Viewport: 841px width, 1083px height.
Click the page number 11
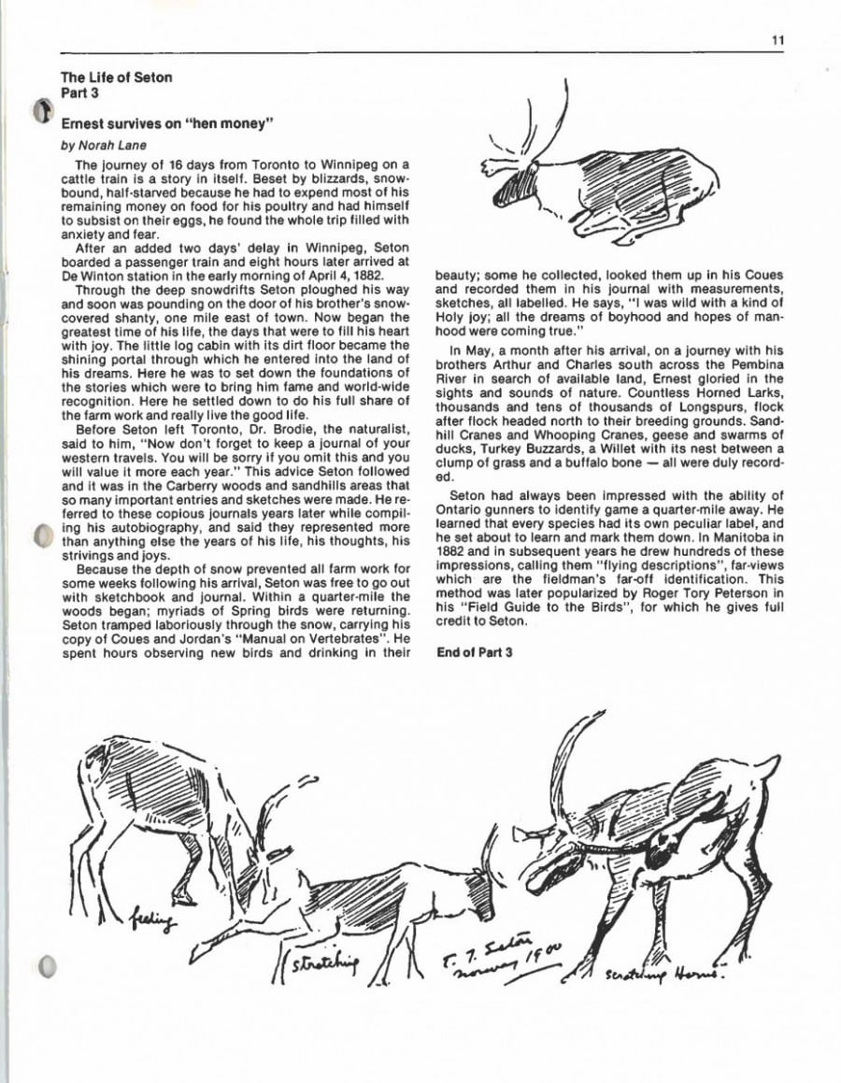pos(778,39)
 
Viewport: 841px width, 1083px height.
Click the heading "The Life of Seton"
pos(117,78)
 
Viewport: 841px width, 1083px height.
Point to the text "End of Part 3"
pos(475,652)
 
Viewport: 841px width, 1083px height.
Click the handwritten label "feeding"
pos(151,922)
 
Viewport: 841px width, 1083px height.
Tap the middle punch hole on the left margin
pos(40,536)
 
